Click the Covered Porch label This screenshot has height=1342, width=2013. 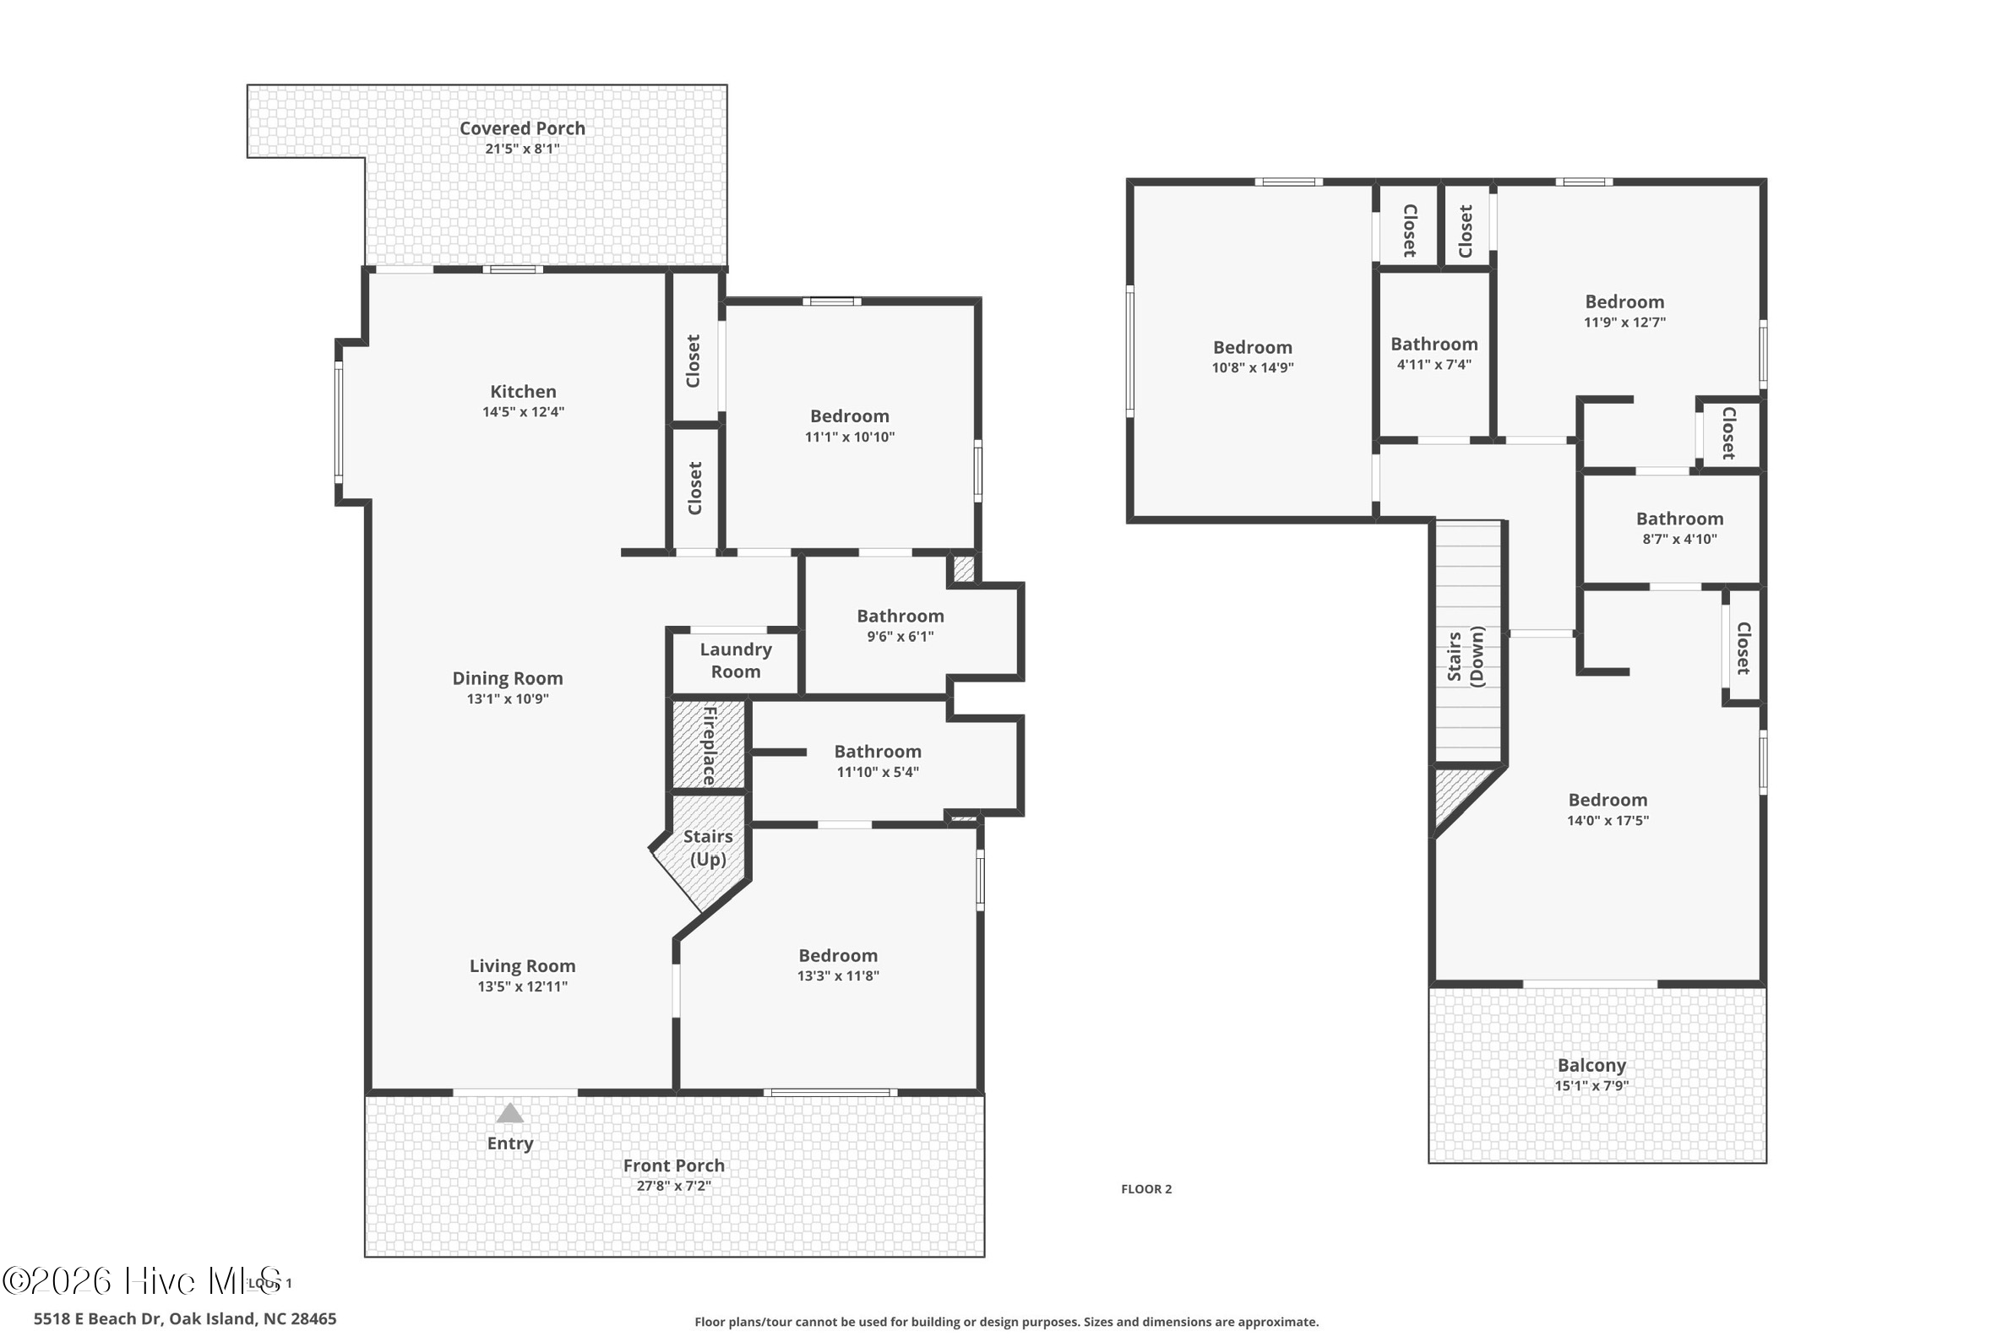coord(522,128)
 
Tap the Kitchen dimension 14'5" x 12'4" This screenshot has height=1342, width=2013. coord(523,411)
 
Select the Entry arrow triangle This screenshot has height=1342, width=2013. coord(510,1112)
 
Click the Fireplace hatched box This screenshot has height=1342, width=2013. coord(709,745)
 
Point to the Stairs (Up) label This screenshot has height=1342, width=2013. coord(708,847)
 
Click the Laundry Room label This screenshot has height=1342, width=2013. coord(735,660)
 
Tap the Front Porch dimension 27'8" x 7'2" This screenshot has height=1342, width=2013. coord(673,1186)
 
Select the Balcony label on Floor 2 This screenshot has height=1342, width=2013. coord(1591,1065)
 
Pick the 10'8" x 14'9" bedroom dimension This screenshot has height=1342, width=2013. coord(1252,368)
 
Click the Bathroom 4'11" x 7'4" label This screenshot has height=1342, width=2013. coord(1434,344)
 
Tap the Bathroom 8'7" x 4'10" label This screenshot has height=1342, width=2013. coord(1679,519)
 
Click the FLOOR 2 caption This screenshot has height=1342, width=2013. coord(1146,1189)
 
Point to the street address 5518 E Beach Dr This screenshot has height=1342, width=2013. coord(185,1319)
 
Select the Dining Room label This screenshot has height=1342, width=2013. coord(508,678)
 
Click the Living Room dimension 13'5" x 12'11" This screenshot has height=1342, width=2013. coord(522,986)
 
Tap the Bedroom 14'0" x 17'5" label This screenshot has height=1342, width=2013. coord(1608,800)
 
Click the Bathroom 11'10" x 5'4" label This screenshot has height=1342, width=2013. coord(878,752)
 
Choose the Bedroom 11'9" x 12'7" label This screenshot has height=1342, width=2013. coord(1624,302)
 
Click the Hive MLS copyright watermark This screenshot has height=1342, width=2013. coord(142,1280)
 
